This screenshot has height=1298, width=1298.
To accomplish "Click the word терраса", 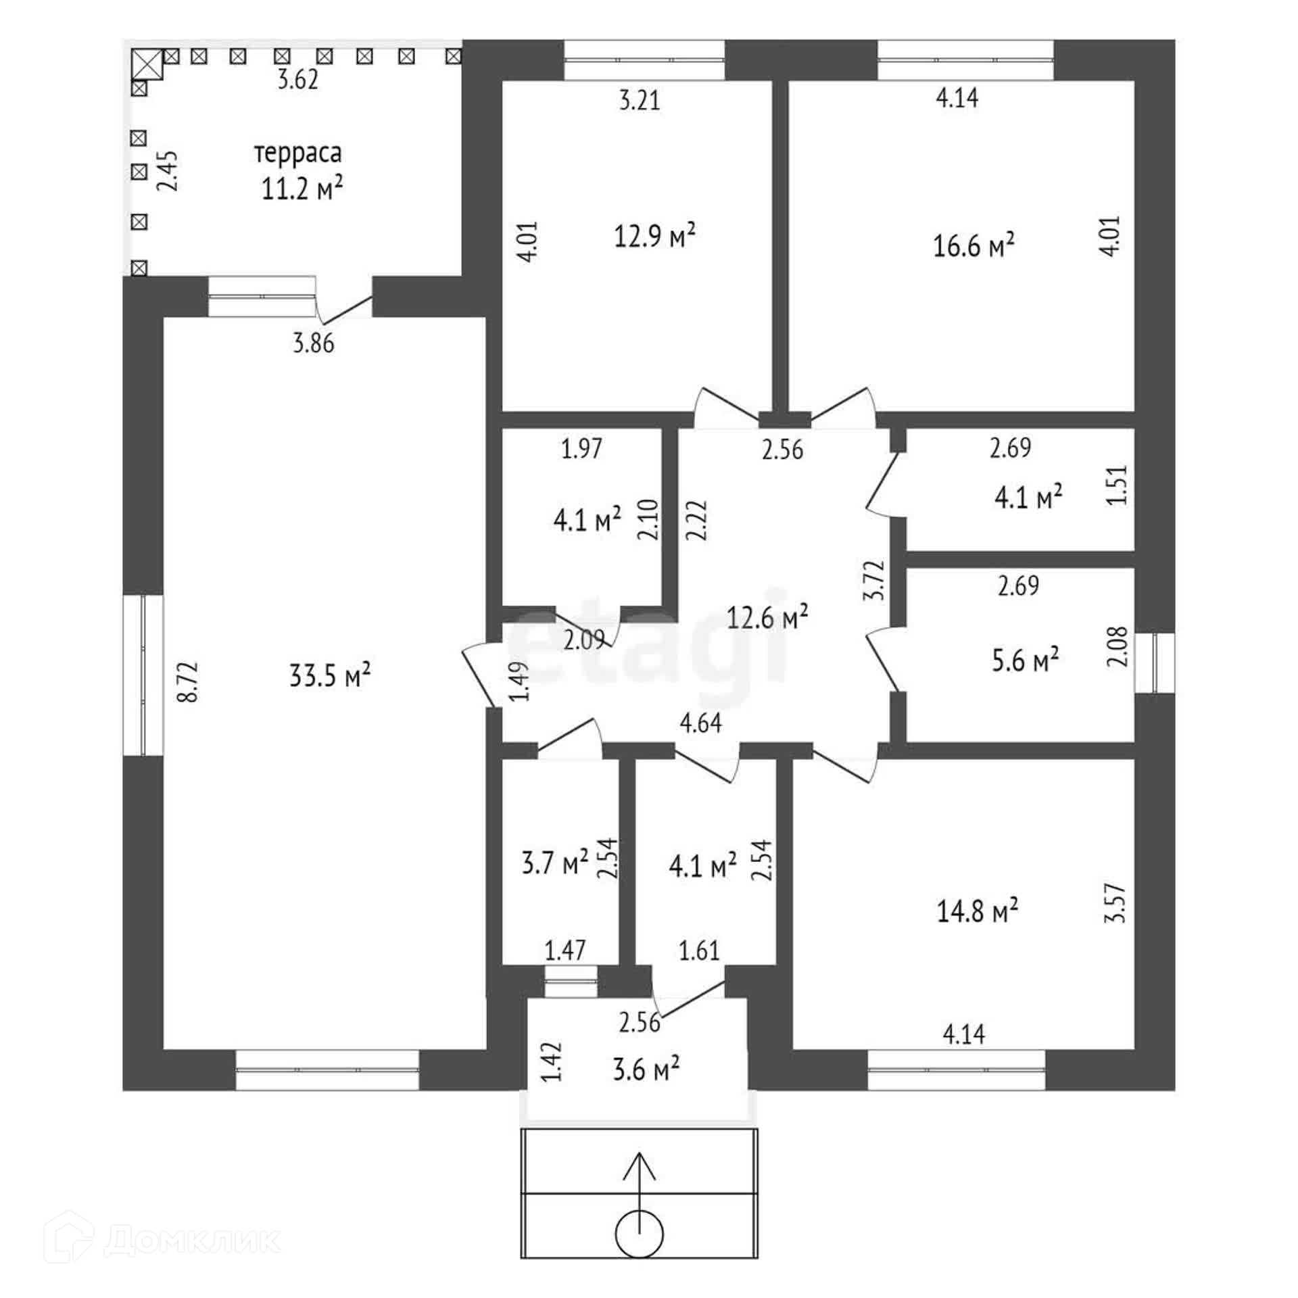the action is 298,153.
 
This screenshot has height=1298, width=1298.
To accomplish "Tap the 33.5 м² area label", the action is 330,675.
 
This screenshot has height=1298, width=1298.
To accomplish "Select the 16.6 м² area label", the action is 973,246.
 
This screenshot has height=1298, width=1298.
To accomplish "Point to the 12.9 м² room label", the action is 654,237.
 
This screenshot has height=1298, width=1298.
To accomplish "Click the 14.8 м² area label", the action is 978,911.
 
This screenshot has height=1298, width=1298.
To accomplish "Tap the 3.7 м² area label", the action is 554,863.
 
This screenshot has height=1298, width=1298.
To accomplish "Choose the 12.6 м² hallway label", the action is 767,617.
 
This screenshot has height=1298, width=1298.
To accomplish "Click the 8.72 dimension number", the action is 190,681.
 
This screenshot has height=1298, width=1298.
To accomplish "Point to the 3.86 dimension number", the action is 313,343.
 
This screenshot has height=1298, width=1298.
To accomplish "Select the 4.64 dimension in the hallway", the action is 700,723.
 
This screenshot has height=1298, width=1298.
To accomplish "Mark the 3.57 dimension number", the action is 1117,903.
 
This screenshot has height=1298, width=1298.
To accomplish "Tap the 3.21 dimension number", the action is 639,101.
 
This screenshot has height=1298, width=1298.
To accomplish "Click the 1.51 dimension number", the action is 1117,484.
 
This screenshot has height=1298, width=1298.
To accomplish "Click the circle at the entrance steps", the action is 640,1234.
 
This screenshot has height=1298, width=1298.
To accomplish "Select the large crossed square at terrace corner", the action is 147,64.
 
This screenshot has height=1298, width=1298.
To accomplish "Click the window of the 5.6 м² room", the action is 1155,663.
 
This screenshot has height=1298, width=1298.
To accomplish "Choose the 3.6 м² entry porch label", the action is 646,1070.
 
